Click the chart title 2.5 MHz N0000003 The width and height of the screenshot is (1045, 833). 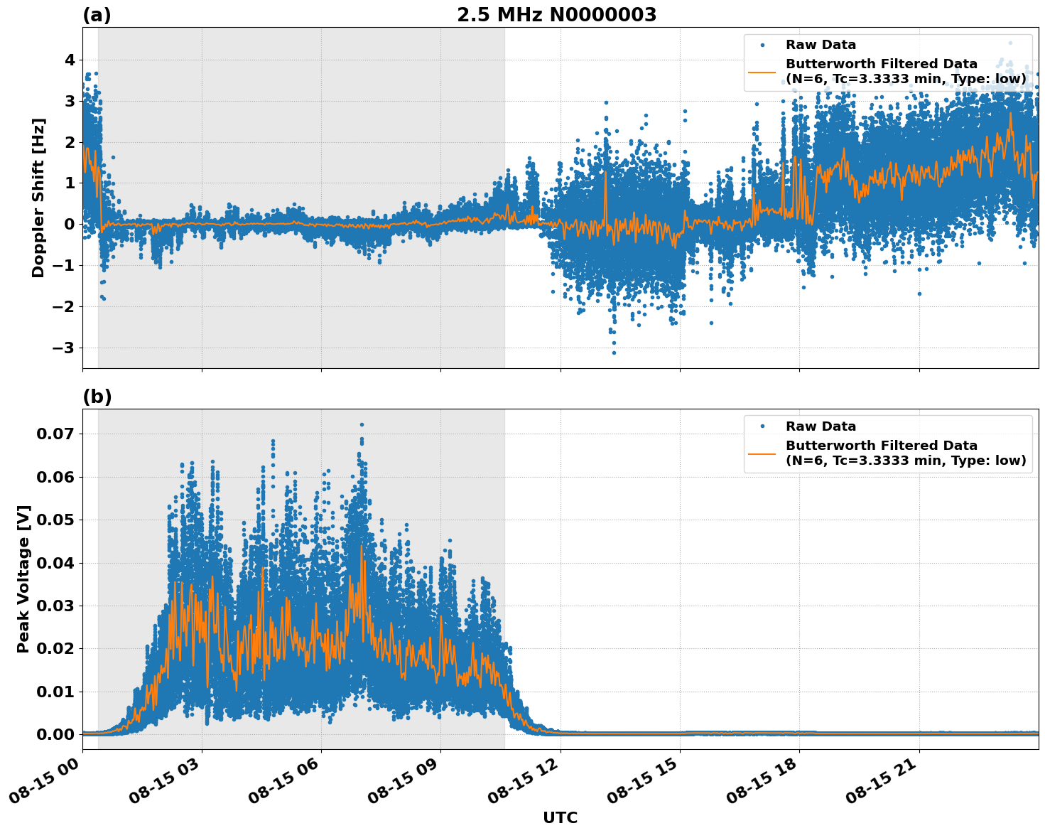click(x=556, y=15)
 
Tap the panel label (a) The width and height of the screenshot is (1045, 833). click(x=97, y=15)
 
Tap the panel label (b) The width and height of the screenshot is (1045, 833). click(x=97, y=397)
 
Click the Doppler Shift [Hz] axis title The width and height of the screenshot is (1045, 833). click(x=38, y=198)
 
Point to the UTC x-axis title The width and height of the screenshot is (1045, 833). click(x=560, y=817)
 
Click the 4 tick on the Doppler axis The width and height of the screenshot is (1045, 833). click(x=70, y=60)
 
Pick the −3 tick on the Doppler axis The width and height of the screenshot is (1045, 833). click(x=65, y=348)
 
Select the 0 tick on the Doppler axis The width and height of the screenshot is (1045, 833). click(x=70, y=225)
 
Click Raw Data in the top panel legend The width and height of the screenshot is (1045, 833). click(x=821, y=45)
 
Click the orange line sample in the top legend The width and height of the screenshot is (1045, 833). click(x=762, y=71)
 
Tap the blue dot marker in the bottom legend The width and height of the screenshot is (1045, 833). click(x=762, y=426)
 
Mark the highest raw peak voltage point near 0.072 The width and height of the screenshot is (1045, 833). click(x=362, y=424)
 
